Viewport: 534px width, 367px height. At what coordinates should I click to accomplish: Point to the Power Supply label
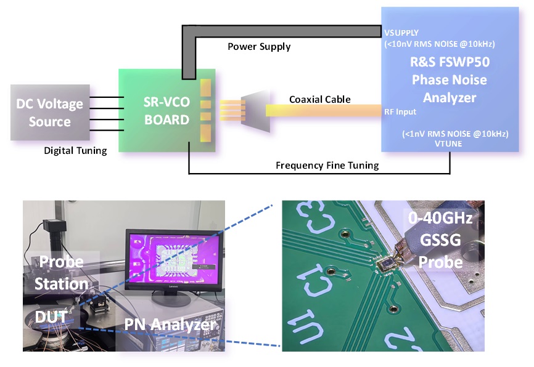(x=259, y=46)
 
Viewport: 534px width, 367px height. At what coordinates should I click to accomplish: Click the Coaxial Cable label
(x=320, y=99)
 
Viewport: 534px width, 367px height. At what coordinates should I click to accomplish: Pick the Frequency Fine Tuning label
(x=327, y=164)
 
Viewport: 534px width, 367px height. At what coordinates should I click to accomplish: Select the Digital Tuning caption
(x=76, y=150)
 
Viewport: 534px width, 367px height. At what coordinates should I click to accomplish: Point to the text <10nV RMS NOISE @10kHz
(x=439, y=44)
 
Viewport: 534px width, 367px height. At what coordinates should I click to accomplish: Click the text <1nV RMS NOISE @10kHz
(x=446, y=133)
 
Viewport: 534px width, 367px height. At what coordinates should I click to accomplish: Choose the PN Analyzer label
(x=170, y=325)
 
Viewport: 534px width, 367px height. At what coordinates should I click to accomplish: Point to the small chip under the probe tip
(x=388, y=265)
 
